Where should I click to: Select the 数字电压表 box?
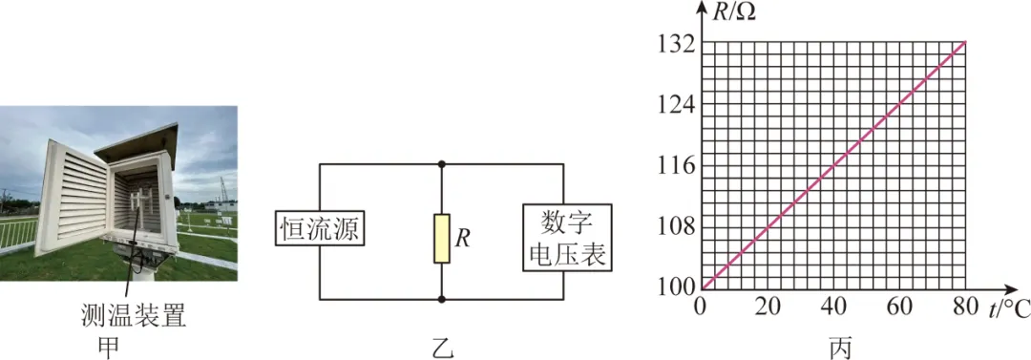567,239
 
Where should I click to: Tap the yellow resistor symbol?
441,239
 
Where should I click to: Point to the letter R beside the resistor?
462,238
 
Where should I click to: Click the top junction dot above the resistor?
441,164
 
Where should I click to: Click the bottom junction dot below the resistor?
441,299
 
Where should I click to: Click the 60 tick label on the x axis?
899,307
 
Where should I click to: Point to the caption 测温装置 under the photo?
133,316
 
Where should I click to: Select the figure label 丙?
840,348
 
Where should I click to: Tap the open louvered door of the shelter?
73,201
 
